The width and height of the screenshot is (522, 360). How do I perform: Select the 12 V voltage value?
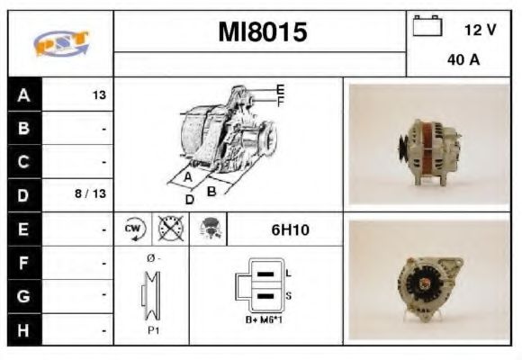(480, 30)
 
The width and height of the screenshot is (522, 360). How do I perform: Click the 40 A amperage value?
(462, 61)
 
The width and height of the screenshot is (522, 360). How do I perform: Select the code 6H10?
(290, 229)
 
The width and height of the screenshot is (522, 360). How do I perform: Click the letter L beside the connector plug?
(288, 272)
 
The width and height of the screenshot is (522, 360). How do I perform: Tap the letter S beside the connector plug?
(288, 295)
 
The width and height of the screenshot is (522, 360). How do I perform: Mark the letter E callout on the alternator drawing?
(281, 89)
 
